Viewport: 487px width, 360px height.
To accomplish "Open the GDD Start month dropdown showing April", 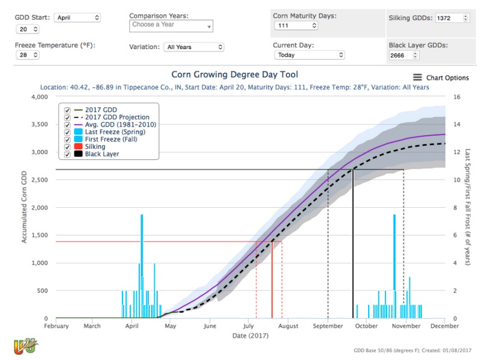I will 77,17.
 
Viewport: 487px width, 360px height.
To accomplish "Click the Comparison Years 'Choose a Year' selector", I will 171,26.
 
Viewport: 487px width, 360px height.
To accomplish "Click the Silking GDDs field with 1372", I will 452,18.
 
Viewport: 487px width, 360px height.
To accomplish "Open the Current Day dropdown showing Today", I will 309,55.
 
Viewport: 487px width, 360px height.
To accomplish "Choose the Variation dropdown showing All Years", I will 194,47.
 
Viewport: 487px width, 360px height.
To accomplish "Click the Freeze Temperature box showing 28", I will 28,55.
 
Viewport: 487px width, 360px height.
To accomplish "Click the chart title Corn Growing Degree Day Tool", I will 234,75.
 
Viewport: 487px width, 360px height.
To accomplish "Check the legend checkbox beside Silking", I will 68,146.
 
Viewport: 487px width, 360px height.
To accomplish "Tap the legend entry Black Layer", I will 102,153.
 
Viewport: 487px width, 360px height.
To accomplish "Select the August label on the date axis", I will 288,326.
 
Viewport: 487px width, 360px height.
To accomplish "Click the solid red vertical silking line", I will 272,281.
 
